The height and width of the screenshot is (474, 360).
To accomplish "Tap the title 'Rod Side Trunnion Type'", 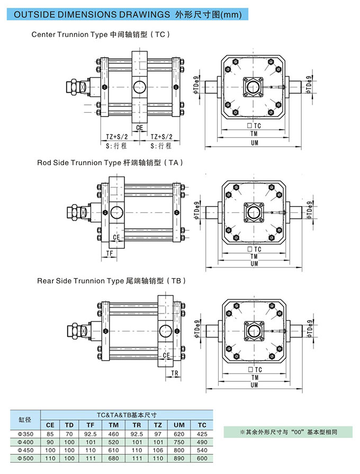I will (x=79, y=163).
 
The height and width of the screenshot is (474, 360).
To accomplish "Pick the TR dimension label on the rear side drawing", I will (x=175, y=374).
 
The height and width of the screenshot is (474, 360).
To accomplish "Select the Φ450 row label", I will (x=25, y=449).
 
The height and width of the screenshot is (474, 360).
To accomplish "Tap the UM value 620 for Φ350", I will (x=179, y=433).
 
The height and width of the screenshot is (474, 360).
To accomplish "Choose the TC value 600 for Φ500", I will (x=202, y=458).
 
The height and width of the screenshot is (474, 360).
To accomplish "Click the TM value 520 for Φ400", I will (x=113, y=441).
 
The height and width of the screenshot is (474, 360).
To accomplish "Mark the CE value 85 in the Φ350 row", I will (x=50, y=433).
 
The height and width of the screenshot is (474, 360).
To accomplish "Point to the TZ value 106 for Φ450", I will (x=157, y=449).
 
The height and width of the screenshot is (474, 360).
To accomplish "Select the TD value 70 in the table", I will (x=69, y=433).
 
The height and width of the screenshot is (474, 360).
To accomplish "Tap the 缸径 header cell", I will (x=25, y=420).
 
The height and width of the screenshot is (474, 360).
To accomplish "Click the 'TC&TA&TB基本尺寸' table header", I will (x=127, y=416).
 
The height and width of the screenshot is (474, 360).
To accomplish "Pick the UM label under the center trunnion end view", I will (x=255, y=142).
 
